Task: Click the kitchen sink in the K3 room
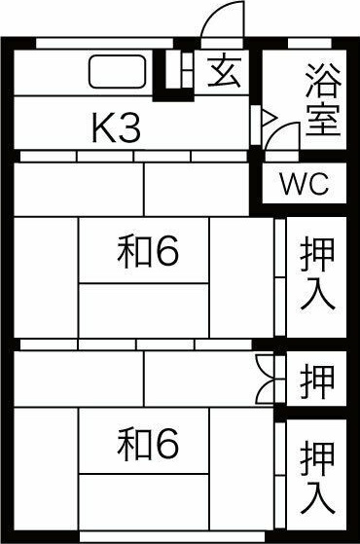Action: click(x=118, y=72)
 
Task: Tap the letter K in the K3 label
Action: click(x=104, y=128)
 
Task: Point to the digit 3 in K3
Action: click(x=129, y=128)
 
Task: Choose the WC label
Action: click(x=304, y=184)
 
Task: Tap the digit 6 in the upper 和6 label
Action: click(x=166, y=253)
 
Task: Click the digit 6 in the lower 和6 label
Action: click(x=166, y=445)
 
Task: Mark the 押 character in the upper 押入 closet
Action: click(x=317, y=254)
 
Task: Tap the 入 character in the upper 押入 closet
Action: click(x=317, y=294)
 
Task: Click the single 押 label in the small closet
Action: click(x=317, y=378)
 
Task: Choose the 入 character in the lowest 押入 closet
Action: click(x=317, y=497)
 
